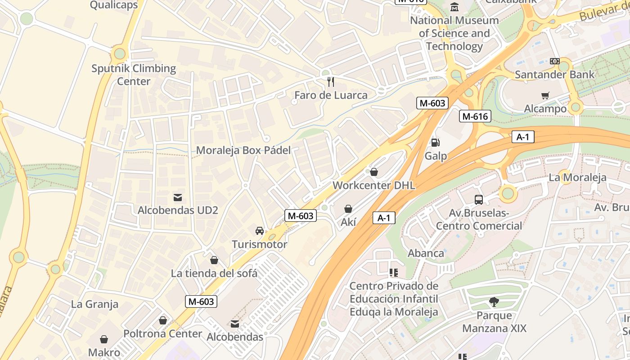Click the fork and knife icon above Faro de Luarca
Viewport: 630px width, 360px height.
tap(331, 81)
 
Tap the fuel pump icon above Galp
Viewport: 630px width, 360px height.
tap(435, 143)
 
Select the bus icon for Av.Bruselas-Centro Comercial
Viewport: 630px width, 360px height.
tap(479, 199)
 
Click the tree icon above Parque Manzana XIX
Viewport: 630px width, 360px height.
tap(494, 302)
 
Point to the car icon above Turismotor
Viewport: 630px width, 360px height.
tap(260, 231)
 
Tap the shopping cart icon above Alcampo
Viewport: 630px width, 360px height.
tap(545, 95)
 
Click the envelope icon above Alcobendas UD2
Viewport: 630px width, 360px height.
tap(178, 197)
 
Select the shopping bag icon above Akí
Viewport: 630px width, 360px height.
tap(348, 208)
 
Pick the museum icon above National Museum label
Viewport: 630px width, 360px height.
tap(454, 7)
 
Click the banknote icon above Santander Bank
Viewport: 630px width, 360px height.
tap(554, 61)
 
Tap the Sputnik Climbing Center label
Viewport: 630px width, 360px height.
tap(134, 75)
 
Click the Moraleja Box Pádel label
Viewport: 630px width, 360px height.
tap(243, 150)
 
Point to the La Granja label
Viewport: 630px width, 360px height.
tap(94, 304)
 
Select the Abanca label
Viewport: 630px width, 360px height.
tap(426, 253)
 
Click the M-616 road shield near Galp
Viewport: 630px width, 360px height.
tap(475, 117)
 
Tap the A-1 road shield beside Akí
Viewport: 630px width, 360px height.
tap(384, 218)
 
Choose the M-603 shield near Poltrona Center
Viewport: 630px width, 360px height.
tap(201, 301)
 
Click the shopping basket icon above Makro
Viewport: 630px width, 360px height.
tap(104, 339)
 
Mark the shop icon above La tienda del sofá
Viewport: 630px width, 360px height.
tap(214, 260)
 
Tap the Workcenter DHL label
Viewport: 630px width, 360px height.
tap(373, 185)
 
